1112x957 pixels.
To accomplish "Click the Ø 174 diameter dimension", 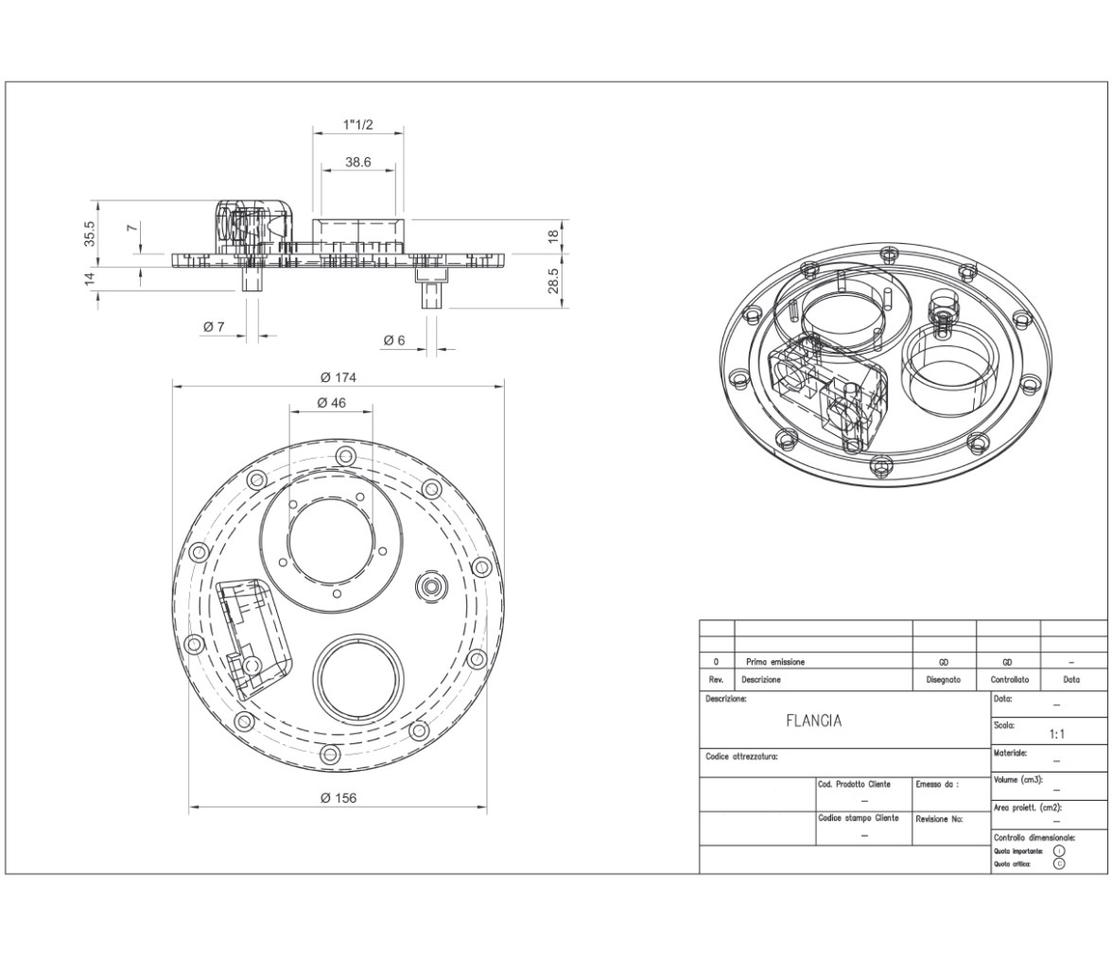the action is point(339,377).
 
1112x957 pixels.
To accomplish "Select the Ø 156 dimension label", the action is point(339,798).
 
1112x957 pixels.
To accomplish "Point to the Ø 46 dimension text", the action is point(332,403).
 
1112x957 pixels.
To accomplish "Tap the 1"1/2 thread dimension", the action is point(358,125).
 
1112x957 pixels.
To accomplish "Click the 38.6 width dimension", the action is point(358,162).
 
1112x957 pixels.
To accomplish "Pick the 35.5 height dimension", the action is point(89,235).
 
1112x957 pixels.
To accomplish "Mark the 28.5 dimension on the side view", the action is point(553,281).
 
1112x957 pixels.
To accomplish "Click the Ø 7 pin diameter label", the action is point(214,326).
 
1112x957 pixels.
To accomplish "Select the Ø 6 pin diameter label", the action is point(394,340).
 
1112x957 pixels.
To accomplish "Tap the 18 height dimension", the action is point(554,235).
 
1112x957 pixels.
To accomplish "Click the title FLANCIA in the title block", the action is point(814,721).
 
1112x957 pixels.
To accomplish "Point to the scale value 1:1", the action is point(1057,734).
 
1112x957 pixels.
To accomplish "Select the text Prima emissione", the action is point(775,662).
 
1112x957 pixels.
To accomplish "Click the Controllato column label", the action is point(1010,680).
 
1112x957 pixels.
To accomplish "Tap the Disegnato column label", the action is point(944,680).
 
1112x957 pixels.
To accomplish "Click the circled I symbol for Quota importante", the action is point(1059,850).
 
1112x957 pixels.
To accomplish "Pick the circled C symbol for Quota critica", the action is point(1059,864).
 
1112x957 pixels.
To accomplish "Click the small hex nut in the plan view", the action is point(430,586).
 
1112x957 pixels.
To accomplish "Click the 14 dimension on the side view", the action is point(89,280).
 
